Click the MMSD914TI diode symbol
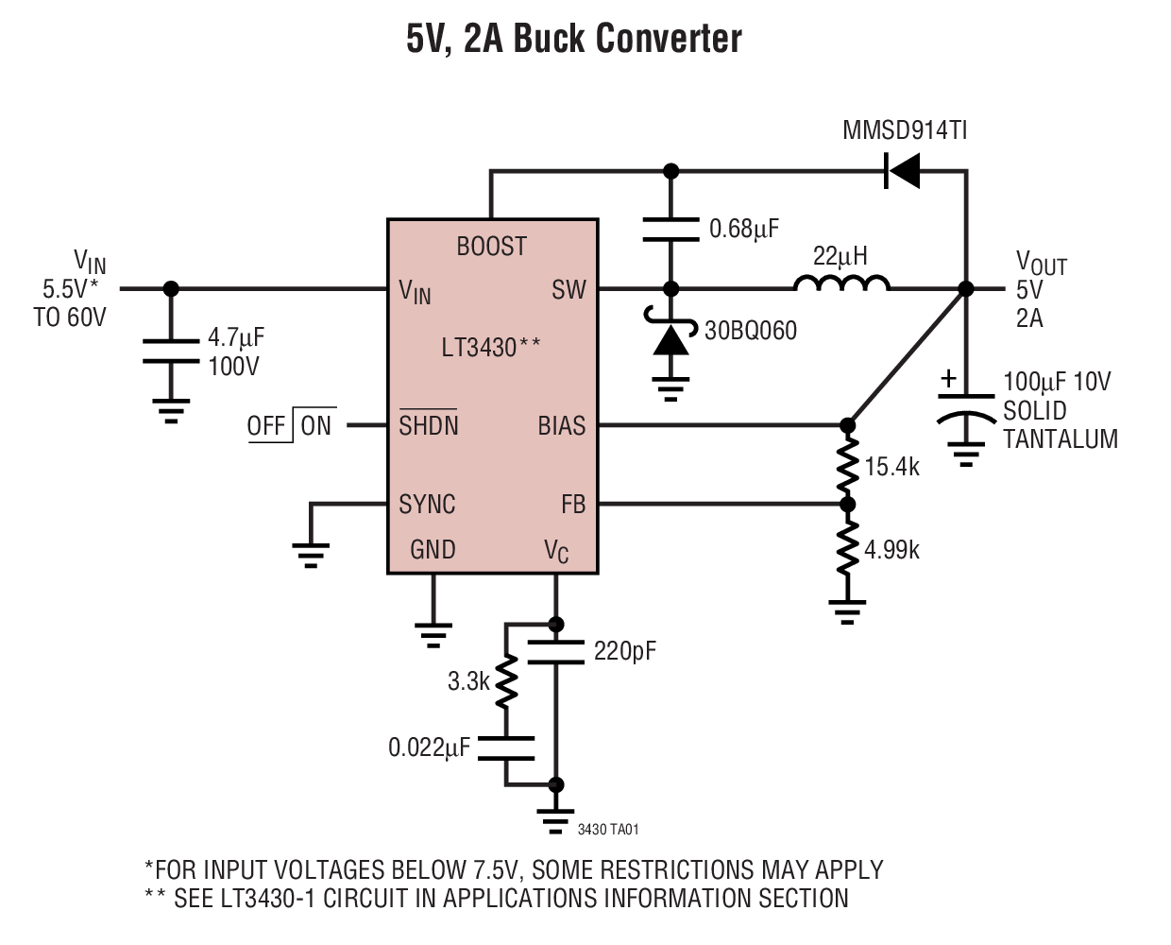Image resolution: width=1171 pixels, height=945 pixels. tap(903, 171)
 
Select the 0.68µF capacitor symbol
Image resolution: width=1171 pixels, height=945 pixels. tap(670, 230)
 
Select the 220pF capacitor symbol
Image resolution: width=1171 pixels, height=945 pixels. tap(555, 651)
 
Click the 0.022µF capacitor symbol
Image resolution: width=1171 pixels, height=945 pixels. tap(506, 747)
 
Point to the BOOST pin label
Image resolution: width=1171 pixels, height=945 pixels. tap(491, 247)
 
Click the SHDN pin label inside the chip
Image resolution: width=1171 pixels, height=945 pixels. tap(429, 425)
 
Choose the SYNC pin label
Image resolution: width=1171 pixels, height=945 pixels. tap(427, 505)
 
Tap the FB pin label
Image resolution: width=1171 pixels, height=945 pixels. tap(573, 505)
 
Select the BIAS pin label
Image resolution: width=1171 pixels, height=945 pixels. tap(562, 426)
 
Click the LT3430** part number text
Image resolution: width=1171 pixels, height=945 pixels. tap(491, 348)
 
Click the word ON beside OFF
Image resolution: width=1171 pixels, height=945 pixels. tap(316, 426)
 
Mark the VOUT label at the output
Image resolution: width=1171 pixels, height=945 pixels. tap(1040, 262)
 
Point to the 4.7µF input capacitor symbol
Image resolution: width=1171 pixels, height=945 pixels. tap(171, 351)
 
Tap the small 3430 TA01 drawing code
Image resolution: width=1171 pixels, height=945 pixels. tap(608, 830)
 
